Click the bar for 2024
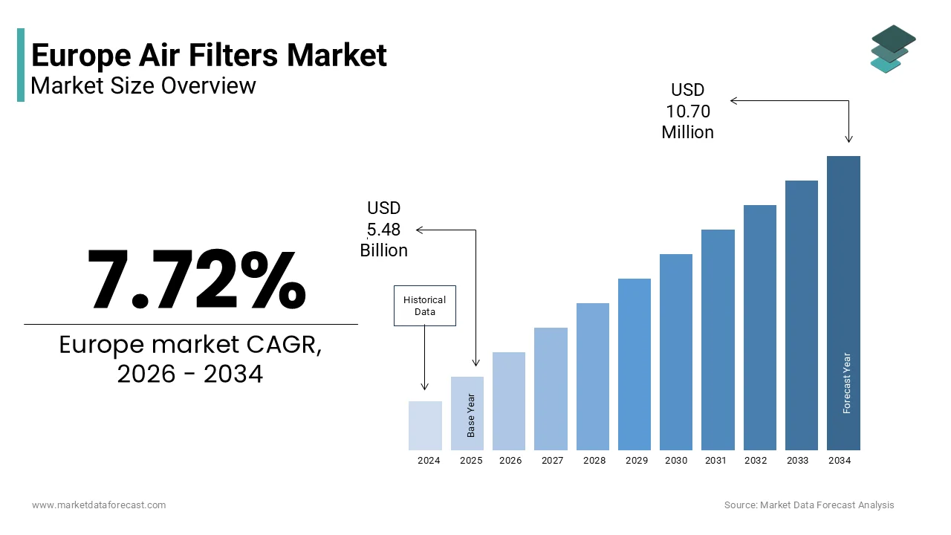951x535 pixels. [x=425, y=426]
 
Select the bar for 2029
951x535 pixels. [x=634, y=364]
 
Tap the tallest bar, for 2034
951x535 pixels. [x=843, y=302]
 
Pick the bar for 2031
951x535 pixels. [x=718, y=340]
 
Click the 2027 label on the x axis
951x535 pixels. [x=552, y=461]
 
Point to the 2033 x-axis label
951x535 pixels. [x=797, y=461]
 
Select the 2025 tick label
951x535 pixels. [x=470, y=461]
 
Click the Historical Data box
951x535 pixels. [x=424, y=305]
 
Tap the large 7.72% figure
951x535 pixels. [x=196, y=279]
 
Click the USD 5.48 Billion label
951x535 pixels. [x=383, y=230]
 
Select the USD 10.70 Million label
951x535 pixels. [x=688, y=111]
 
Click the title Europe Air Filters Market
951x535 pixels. [x=209, y=56]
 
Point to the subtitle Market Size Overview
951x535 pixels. [x=143, y=86]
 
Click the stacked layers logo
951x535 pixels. [x=893, y=49]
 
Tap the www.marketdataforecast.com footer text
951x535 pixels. [x=99, y=505]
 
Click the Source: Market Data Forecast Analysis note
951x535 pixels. [x=809, y=505]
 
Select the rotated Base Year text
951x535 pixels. [x=471, y=415]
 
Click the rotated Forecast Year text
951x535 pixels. [x=847, y=383]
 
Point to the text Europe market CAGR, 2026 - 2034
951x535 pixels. [x=190, y=360]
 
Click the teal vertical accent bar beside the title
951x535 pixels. [x=21, y=65]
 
